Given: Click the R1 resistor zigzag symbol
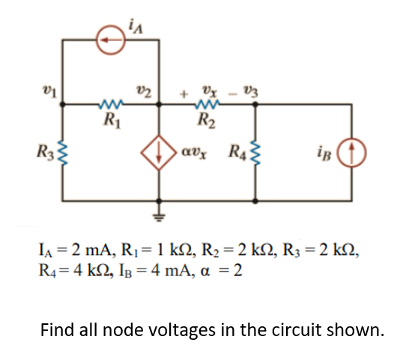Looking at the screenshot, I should (x=111, y=105).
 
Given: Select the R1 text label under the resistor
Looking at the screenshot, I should (x=110, y=119).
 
